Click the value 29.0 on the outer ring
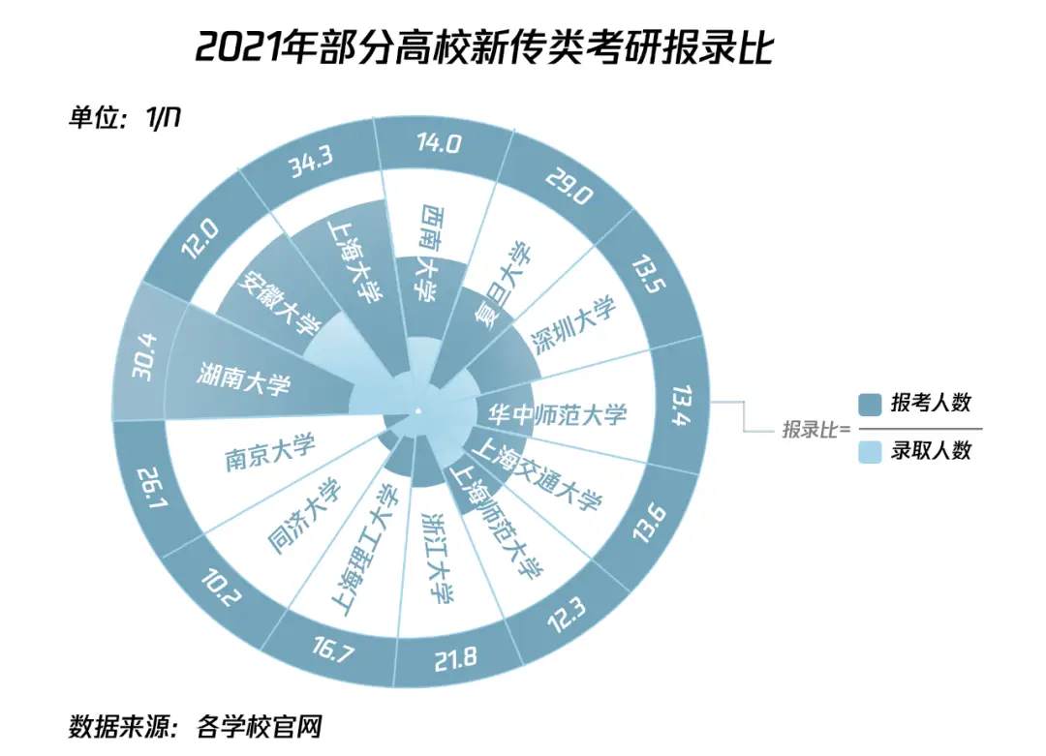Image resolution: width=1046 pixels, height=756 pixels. point(569,184)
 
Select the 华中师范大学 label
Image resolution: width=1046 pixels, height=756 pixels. point(557,414)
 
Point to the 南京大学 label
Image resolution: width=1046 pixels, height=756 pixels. point(270,453)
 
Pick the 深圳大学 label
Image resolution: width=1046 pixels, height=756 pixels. point(576,326)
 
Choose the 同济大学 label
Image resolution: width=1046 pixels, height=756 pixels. point(304,516)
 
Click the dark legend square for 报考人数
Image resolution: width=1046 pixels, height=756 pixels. point(870,404)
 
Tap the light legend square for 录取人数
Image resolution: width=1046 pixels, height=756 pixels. point(870,451)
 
